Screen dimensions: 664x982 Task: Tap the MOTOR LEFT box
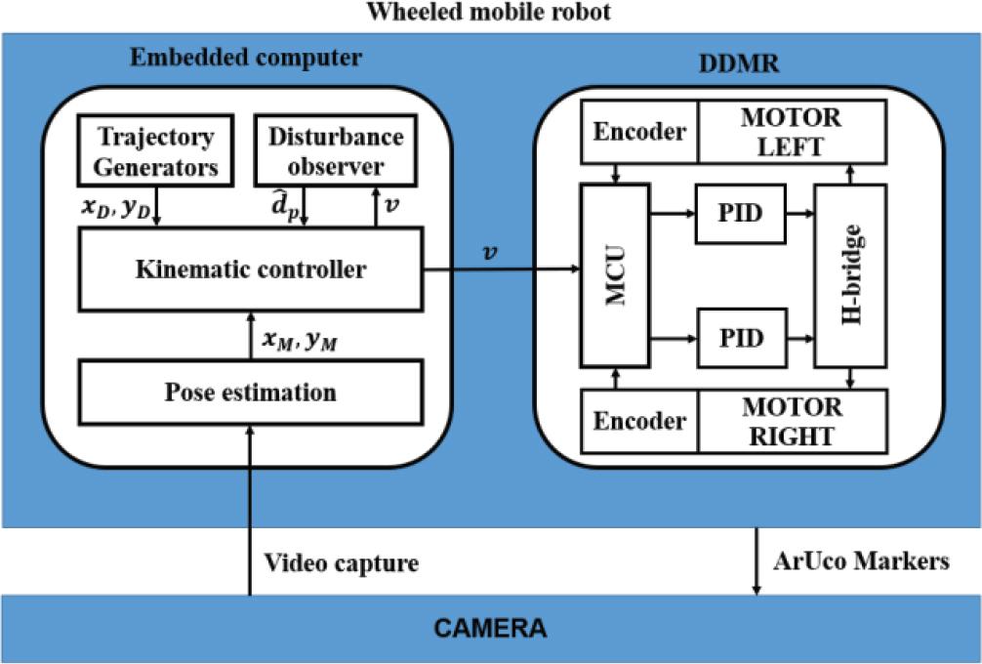pyautogui.click(x=792, y=132)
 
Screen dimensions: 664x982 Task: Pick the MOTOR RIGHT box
pyautogui.click(x=792, y=421)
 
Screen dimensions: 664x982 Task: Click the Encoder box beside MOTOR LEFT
pyautogui.click(x=640, y=132)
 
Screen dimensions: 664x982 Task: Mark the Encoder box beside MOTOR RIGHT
pyautogui.click(x=640, y=421)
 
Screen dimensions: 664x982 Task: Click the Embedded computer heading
pyautogui.click(x=245, y=57)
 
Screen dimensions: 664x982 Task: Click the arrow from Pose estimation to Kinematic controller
pyautogui.click(x=252, y=338)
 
